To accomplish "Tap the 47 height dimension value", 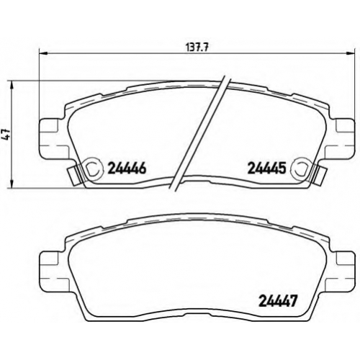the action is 6,135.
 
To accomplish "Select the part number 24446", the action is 127,168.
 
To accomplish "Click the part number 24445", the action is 266,168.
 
